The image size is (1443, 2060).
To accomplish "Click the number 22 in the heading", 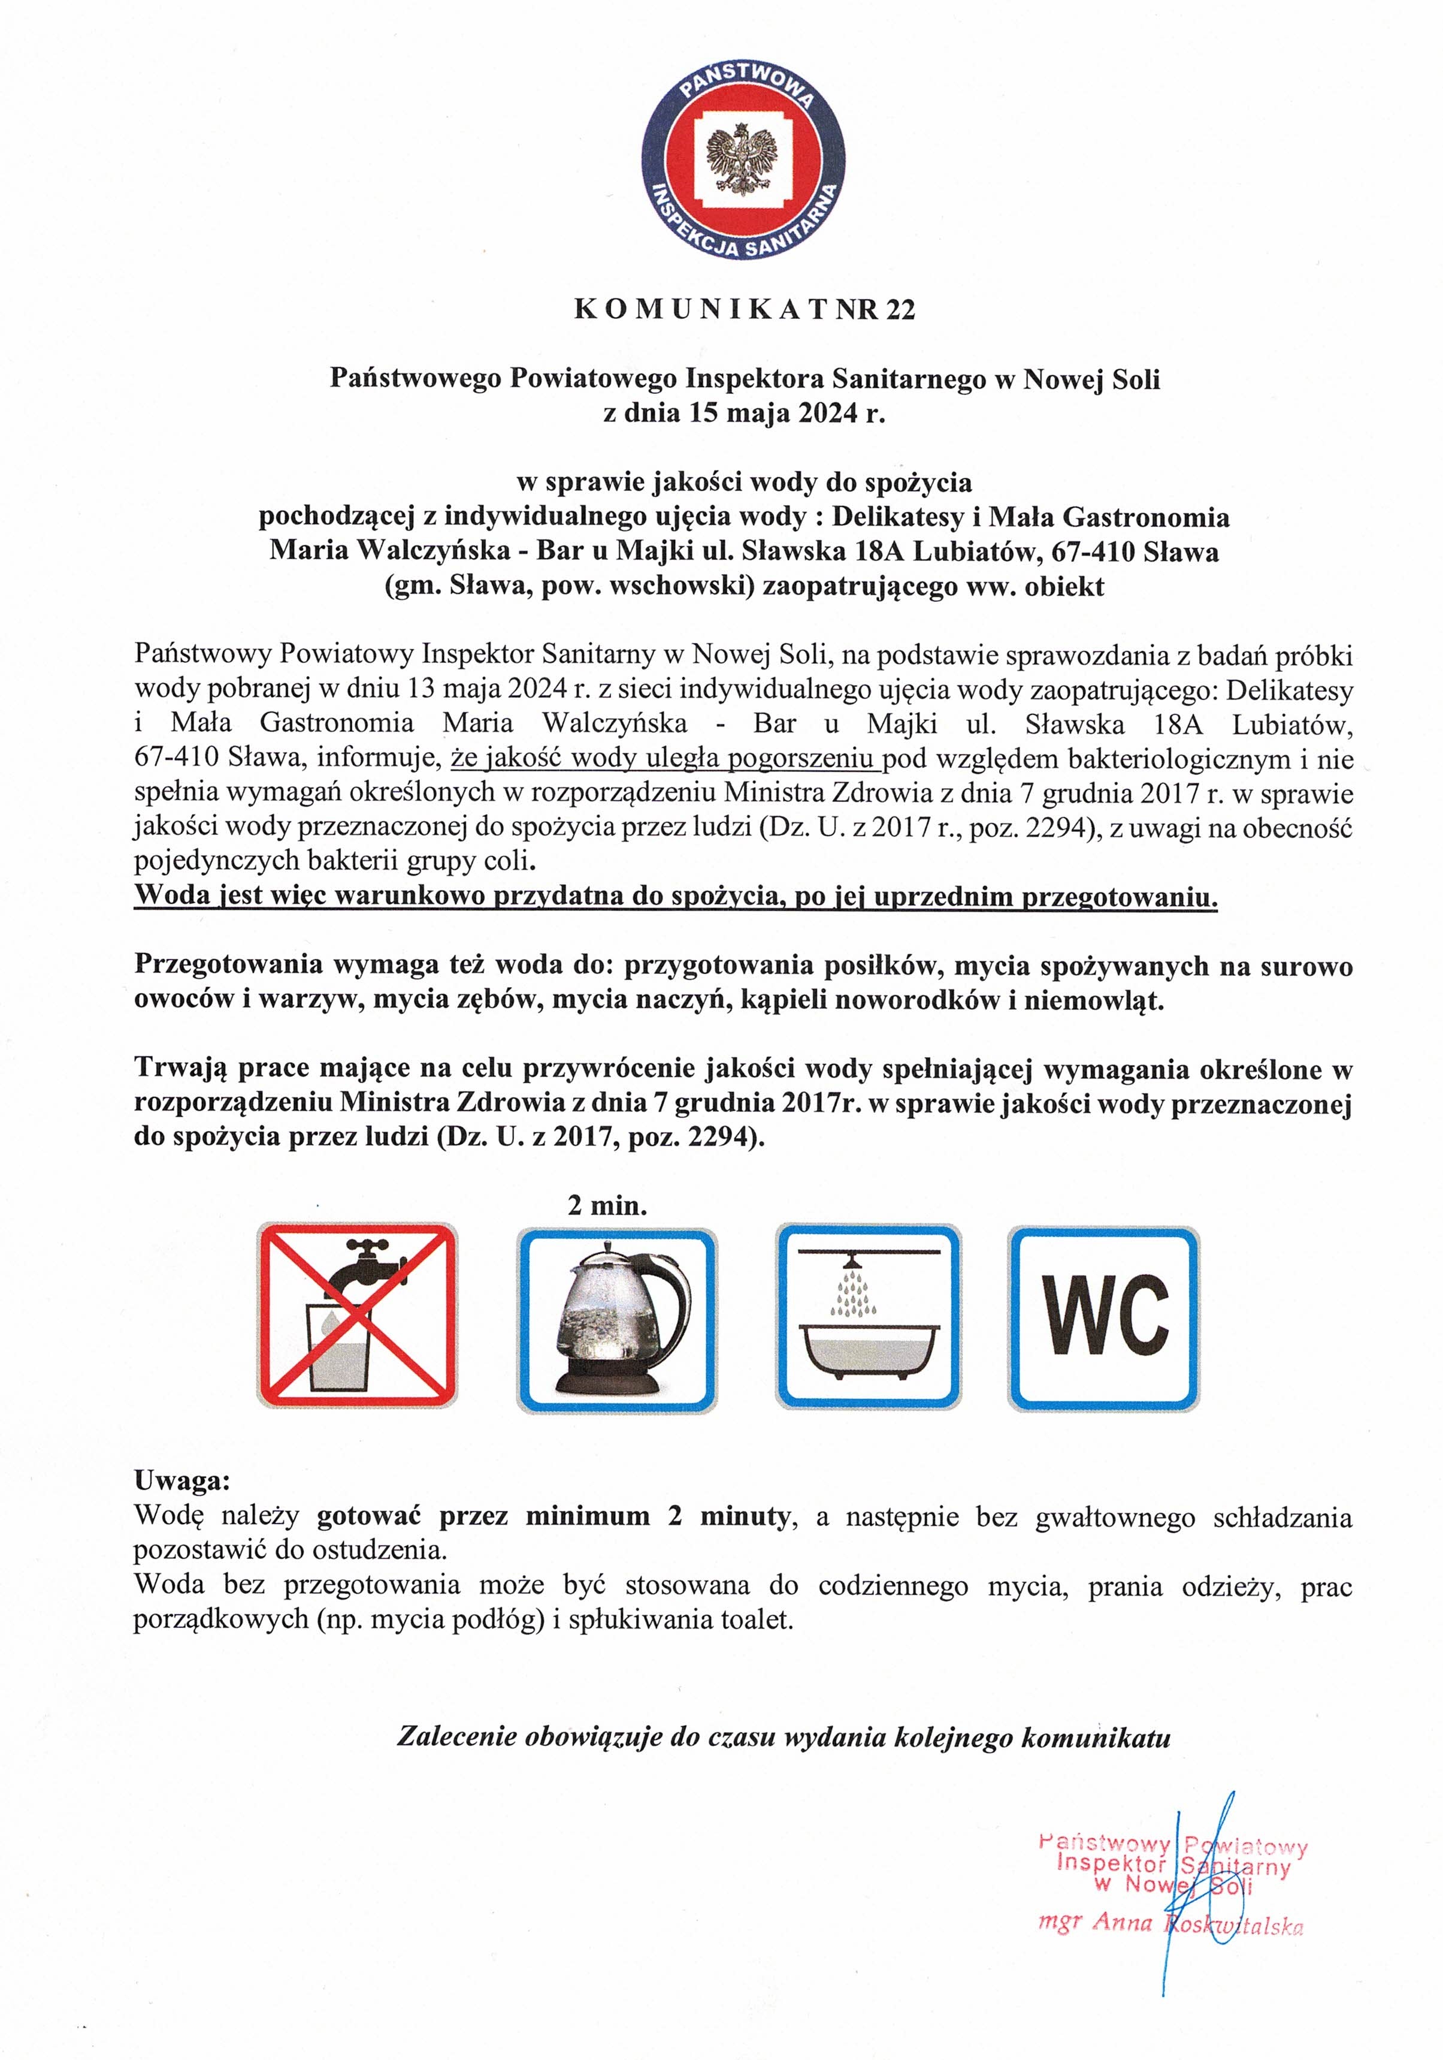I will tap(900, 310).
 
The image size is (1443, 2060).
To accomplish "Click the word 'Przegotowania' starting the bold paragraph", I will tap(227, 966).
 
